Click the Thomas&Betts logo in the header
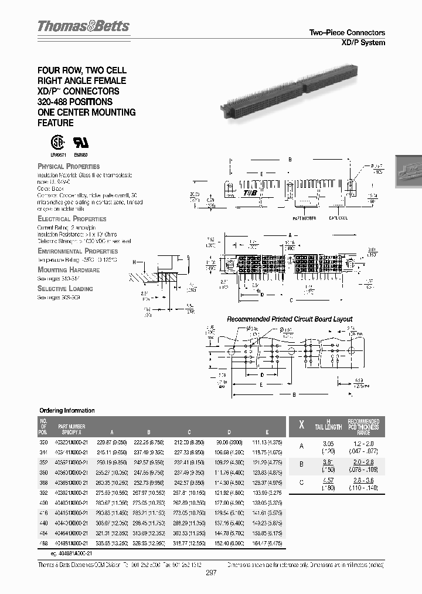[x=83, y=27]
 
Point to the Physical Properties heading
[x=69, y=167]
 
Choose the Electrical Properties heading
[x=72, y=218]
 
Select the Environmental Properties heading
[x=77, y=251]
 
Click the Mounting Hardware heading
[x=69, y=270]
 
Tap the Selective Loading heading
[x=65, y=289]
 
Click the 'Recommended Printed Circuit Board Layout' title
[x=290, y=319]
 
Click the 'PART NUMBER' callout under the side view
[x=304, y=217]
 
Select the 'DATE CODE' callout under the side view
[x=338, y=217]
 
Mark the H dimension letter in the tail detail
[x=134, y=262]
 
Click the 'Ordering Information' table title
[x=67, y=411]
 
